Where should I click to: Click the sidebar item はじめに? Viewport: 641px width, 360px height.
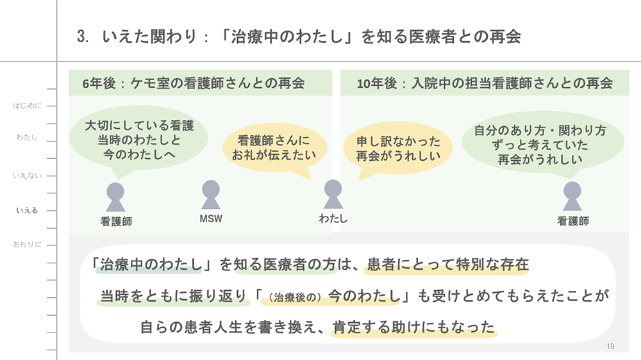(x=28, y=106)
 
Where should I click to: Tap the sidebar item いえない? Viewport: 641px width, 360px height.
(x=28, y=175)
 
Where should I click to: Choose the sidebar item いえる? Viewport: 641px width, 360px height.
(x=28, y=210)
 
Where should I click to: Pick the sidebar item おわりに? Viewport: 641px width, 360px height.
(x=28, y=245)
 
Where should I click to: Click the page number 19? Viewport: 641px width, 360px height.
(x=610, y=347)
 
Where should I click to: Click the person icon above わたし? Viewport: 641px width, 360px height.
(x=333, y=195)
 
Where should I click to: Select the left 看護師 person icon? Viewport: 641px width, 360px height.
(x=115, y=197)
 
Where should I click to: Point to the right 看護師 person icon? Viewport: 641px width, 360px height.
(x=572, y=196)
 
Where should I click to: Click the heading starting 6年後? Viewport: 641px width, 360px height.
(x=193, y=83)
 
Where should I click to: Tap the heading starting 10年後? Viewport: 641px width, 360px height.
(x=484, y=83)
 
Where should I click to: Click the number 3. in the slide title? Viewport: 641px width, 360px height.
(x=83, y=37)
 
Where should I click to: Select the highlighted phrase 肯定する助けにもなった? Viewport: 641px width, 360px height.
(x=414, y=327)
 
